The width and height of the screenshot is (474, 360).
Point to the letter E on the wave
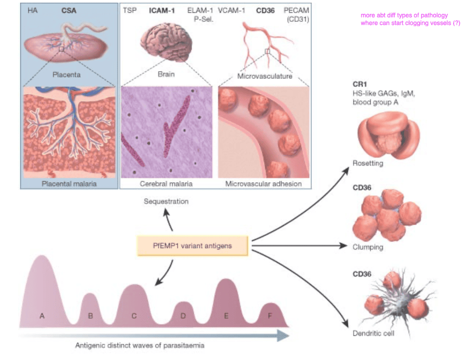(x=226, y=315)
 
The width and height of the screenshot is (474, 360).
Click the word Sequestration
(x=166, y=202)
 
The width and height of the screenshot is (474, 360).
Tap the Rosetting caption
(x=368, y=164)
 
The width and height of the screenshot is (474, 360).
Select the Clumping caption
(x=368, y=247)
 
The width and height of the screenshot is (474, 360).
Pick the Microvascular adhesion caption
(x=264, y=184)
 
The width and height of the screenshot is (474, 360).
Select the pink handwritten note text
(x=410, y=19)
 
